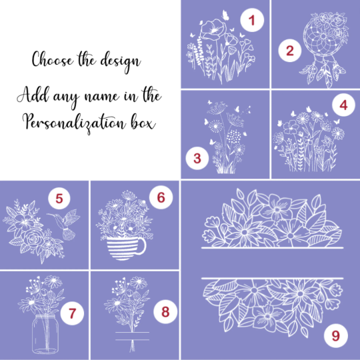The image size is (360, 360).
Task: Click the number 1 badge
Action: pos(252,20)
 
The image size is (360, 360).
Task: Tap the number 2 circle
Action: pos(290,51)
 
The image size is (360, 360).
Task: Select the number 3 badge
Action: pos(197,158)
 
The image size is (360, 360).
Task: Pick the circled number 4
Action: pos(343,105)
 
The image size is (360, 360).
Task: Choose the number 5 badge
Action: pos(59,198)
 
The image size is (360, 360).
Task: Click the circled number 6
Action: pos(161,197)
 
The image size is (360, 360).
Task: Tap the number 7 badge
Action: pos(72,313)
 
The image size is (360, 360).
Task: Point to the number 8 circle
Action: pos(165,312)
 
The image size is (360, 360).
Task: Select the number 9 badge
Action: pos(335,335)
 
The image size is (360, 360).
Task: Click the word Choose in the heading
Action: pos(53,59)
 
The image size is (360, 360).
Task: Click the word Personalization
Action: pos(75,123)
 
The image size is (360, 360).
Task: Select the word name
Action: pos(102,97)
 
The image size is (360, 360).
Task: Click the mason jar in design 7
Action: pos(45,334)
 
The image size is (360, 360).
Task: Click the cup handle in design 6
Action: pos(143,245)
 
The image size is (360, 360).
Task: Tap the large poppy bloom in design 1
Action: pos(213,29)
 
